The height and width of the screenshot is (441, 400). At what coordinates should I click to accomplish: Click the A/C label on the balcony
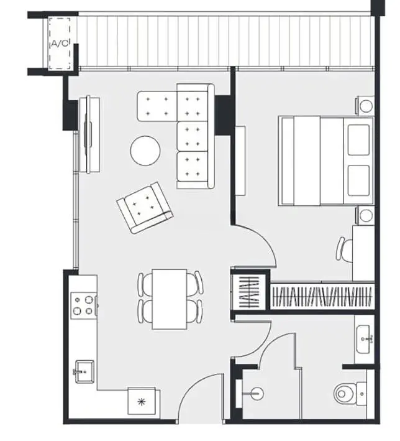60,44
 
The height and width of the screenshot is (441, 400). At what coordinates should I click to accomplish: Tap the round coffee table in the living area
145,151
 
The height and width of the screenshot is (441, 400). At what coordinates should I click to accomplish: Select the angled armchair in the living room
145,208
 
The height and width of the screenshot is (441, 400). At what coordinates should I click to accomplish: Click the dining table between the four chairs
170,299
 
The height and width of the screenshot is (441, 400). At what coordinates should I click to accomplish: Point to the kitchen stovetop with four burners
84,305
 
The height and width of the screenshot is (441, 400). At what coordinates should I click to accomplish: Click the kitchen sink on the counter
84,371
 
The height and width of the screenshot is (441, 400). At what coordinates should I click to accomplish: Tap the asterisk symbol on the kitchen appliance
142,402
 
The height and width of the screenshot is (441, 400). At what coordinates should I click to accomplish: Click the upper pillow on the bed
358,140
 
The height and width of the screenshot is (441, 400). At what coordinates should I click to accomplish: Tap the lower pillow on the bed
358,180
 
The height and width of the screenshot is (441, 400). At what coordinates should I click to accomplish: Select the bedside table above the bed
365,106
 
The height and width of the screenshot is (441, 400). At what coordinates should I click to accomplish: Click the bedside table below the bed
365,215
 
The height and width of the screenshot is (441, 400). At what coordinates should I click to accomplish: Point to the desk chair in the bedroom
345,249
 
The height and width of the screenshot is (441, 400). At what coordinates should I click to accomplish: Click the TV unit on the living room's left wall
89,135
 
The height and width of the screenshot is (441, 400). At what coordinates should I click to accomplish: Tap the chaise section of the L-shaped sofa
157,106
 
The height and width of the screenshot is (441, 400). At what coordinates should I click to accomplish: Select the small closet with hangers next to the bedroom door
248,292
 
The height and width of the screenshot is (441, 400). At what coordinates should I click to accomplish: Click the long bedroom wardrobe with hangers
322,297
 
